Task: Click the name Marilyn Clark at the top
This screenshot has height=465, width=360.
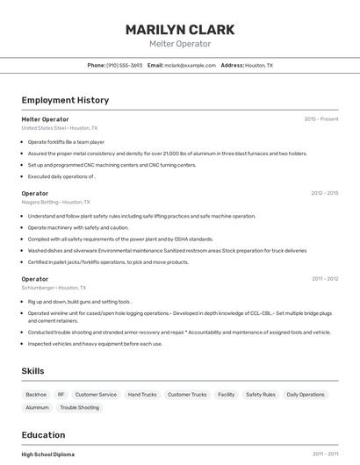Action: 180,29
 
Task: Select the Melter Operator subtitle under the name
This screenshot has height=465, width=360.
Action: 180,44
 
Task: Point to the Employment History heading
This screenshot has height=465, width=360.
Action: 65,100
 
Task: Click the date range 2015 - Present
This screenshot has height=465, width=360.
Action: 320,118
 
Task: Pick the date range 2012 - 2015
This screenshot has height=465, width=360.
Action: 324,193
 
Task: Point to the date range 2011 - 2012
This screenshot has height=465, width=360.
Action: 324,279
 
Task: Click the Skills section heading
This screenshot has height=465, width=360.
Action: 32,371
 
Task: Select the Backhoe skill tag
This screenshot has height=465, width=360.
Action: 36,395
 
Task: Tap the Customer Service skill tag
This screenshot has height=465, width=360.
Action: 96,395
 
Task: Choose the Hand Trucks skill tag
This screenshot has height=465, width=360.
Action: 142,395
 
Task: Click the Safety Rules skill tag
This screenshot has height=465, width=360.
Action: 260,395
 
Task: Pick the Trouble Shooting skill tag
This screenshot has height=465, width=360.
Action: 80,407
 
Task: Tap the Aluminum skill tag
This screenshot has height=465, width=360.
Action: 38,407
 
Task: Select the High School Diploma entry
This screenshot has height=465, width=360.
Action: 48,454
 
